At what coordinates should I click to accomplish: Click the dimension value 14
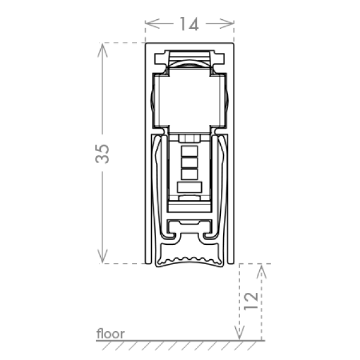tap(190, 25)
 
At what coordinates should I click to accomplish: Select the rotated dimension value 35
tap(102, 153)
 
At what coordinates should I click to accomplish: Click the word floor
tap(110, 334)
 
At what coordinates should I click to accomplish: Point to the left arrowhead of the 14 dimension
tap(150, 24)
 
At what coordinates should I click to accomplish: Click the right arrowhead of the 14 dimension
tap(229, 24)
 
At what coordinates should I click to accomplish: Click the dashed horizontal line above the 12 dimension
tap(255, 263)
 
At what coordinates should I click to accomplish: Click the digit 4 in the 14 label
tap(194, 25)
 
